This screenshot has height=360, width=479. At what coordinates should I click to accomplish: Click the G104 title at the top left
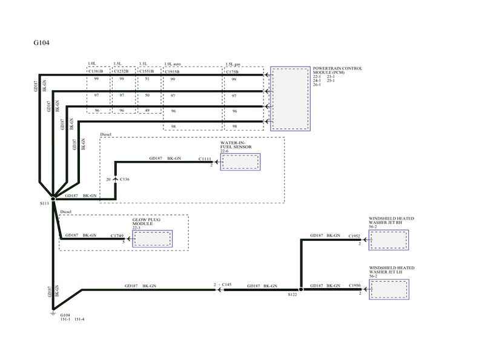(x=42, y=44)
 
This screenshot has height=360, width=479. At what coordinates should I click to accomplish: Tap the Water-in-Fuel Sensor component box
(x=240, y=162)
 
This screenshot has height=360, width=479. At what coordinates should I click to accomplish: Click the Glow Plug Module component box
(x=152, y=238)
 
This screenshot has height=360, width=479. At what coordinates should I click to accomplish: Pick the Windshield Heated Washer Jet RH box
(x=388, y=240)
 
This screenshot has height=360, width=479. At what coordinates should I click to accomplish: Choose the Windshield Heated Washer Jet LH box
(x=388, y=289)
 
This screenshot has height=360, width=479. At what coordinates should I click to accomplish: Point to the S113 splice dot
(x=53, y=198)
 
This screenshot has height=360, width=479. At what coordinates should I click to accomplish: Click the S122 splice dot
(x=300, y=290)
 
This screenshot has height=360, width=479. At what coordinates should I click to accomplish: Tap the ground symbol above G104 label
(x=53, y=312)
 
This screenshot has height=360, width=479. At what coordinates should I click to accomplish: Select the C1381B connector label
(x=96, y=71)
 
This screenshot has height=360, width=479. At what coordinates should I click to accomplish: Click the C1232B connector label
(x=122, y=71)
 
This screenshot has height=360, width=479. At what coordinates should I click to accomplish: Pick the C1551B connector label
(x=147, y=71)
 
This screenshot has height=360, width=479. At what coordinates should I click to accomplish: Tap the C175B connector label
(x=233, y=71)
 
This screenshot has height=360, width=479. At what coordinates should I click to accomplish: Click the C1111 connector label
(x=206, y=159)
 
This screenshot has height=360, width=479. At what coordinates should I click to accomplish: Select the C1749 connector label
(x=118, y=235)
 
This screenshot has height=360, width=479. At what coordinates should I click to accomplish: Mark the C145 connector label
(x=227, y=284)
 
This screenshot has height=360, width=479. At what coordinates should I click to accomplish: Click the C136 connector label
(x=125, y=180)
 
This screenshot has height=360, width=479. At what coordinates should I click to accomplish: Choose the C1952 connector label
(x=354, y=235)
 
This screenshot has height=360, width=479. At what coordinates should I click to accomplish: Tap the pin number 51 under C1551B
(x=147, y=79)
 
